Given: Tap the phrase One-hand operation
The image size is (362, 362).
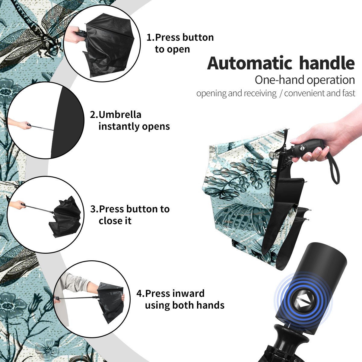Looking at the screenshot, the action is click(305, 80).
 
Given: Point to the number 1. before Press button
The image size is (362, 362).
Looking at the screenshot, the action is click(150, 38).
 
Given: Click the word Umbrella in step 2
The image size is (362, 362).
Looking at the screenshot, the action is click(120, 115).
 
